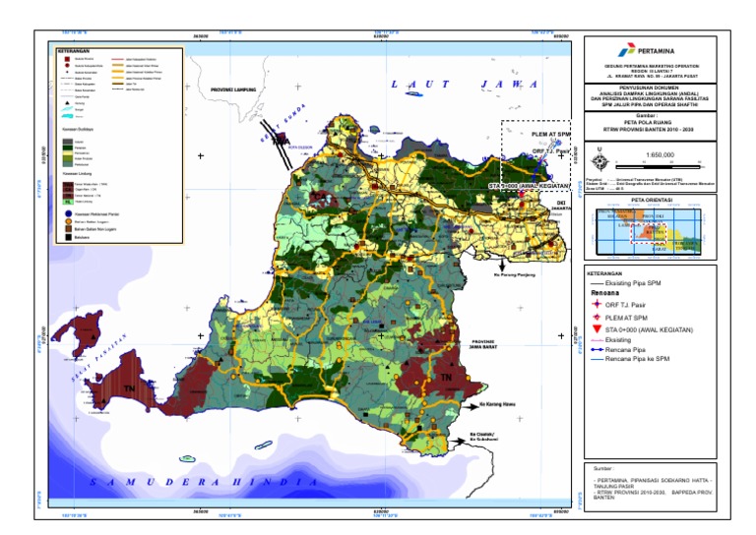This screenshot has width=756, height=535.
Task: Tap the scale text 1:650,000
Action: point(660,154)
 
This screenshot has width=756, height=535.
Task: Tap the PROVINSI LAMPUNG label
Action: point(233,89)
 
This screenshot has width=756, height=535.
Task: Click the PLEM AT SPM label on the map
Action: point(550,134)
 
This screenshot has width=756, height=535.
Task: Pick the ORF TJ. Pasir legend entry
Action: point(635,306)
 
